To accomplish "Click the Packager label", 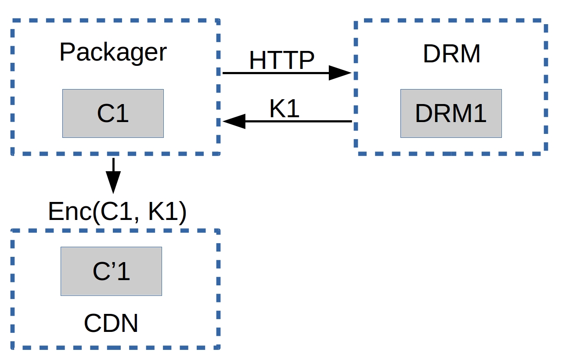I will click(113, 53).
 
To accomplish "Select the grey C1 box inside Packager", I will click(113, 114).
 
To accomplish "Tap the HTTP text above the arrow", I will click(282, 60).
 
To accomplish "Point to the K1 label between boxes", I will click(284, 108).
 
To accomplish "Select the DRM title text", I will click(451, 54).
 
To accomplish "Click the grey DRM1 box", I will click(451, 114).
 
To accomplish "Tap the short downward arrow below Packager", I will click(113, 176).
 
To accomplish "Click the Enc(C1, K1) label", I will click(117, 212).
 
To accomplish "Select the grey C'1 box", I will click(111, 271).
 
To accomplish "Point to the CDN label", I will click(111, 324).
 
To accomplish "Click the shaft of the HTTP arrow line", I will click(277, 73).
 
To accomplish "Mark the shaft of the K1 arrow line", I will click(299, 121).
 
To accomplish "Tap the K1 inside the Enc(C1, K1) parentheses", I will click(162, 212).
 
